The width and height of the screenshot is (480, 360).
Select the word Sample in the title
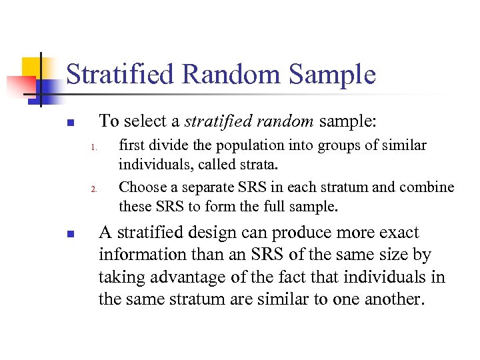(333, 75)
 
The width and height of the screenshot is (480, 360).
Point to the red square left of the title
(20, 85)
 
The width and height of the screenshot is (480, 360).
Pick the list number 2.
(95, 189)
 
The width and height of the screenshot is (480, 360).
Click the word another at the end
(393, 299)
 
